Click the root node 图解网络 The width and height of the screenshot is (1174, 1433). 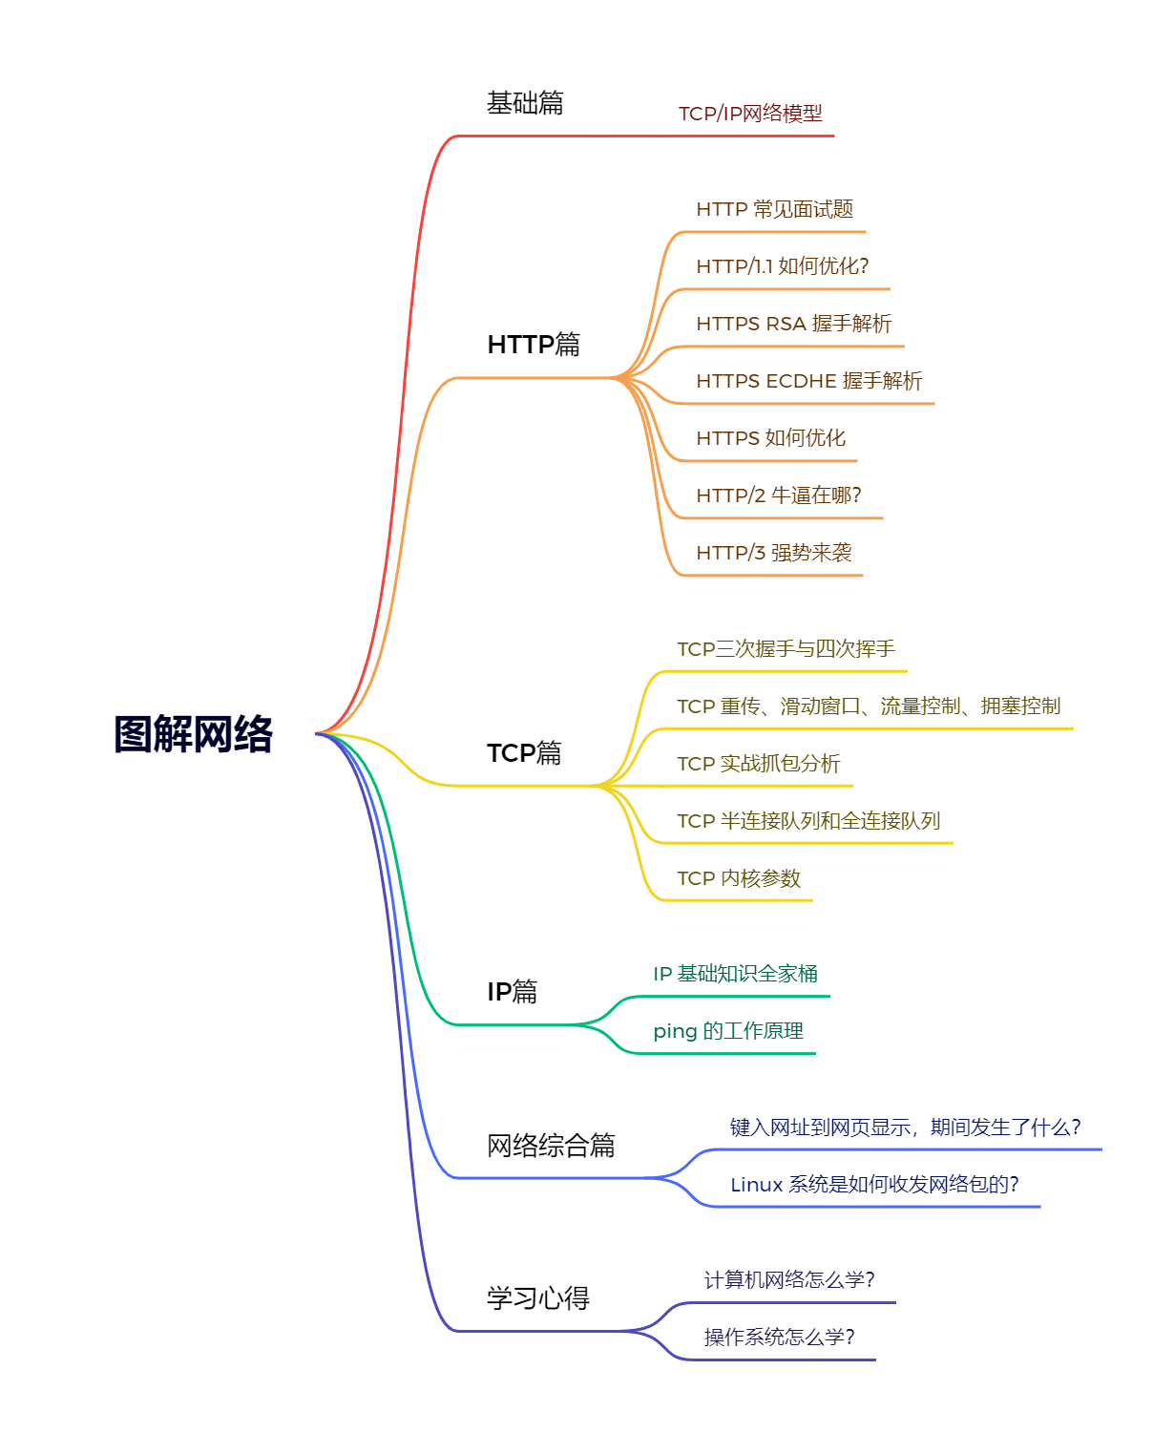click(194, 734)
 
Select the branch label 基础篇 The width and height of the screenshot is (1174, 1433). click(525, 103)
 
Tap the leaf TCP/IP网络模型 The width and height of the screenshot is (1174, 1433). click(750, 114)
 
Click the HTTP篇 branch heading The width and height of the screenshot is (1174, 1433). click(534, 345)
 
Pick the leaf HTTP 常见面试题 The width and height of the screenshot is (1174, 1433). click(774, 209)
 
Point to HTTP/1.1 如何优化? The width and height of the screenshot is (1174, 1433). click(783, 266)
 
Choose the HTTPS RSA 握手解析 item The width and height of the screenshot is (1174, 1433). click(793, 324)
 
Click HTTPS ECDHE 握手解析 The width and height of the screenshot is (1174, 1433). click(809, 381)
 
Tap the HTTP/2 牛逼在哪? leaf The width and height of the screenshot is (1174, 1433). click(779, 495)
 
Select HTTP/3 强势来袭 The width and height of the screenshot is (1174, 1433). click(774, 553)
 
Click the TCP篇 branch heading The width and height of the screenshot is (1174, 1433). click(524, 753)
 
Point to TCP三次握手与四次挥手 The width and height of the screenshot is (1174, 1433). click(786, 649)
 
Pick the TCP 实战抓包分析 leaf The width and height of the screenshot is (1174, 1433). click(759, 764)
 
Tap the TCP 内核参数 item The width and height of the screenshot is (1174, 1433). click(739, 878)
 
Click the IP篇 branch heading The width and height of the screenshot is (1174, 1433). click(513, 992)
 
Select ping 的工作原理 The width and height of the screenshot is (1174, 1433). click(728, 1031)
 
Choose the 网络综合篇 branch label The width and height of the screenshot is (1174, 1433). click(551, 1146)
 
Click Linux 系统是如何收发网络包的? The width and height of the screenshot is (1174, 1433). click(874, 1185)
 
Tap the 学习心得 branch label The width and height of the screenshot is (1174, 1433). click(538, 1298)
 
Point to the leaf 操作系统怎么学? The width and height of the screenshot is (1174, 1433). click(779, 1338)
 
